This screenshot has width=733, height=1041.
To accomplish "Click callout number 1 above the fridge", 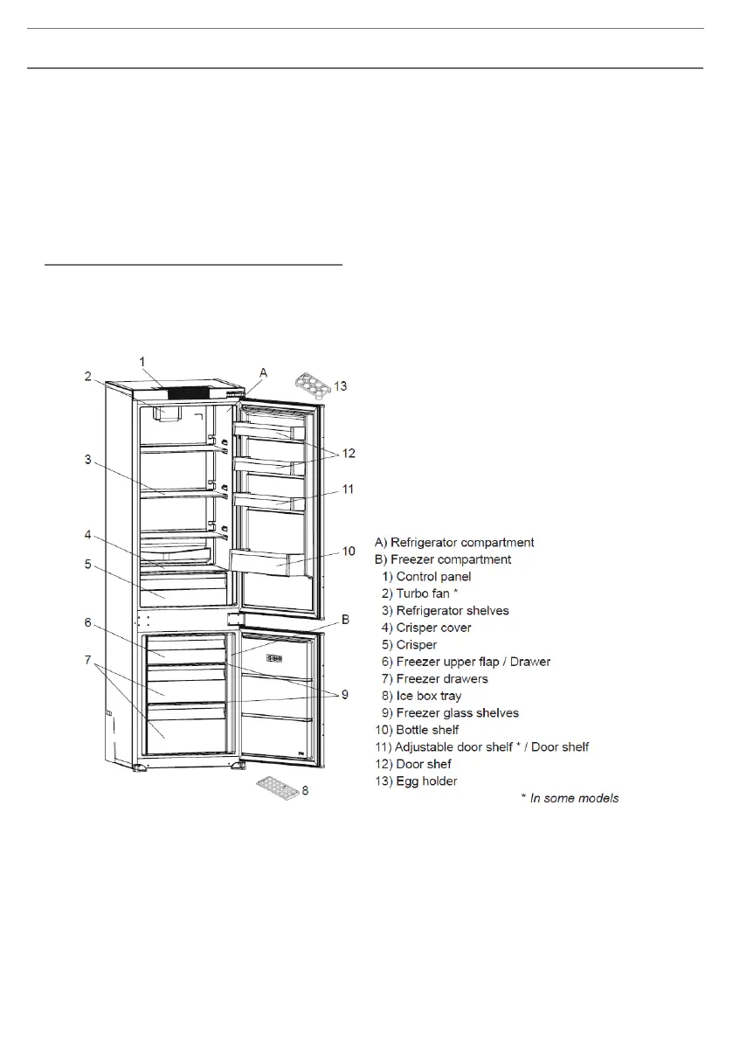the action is click(144, 360).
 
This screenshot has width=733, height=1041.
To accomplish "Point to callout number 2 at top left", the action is click(87, 377).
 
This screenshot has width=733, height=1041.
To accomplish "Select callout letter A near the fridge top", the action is click(262, 371).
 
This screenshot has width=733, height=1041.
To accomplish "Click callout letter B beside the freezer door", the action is click(345, 620).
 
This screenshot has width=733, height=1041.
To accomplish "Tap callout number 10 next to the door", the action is click(349, 552).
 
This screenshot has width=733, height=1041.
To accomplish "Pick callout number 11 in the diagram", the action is click(348, 489).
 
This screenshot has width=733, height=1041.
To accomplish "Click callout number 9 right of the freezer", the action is click(344, 694).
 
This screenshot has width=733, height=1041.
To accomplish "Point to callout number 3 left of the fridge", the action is click(87, 458).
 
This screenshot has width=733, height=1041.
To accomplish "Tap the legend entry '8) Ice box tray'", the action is click(431, 696).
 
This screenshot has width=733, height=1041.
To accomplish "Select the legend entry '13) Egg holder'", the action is click(425, 781).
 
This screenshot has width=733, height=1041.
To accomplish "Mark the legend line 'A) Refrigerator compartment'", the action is click(453, 543).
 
